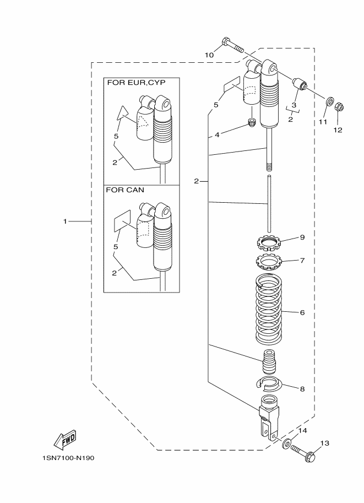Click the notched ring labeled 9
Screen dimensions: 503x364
tap(269, 241)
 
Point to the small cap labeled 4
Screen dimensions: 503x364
tap(252, 122)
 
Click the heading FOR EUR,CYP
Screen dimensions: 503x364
tap(135, 83)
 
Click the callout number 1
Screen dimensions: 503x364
tap(65, 221)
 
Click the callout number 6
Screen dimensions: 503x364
tap(302, 312)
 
